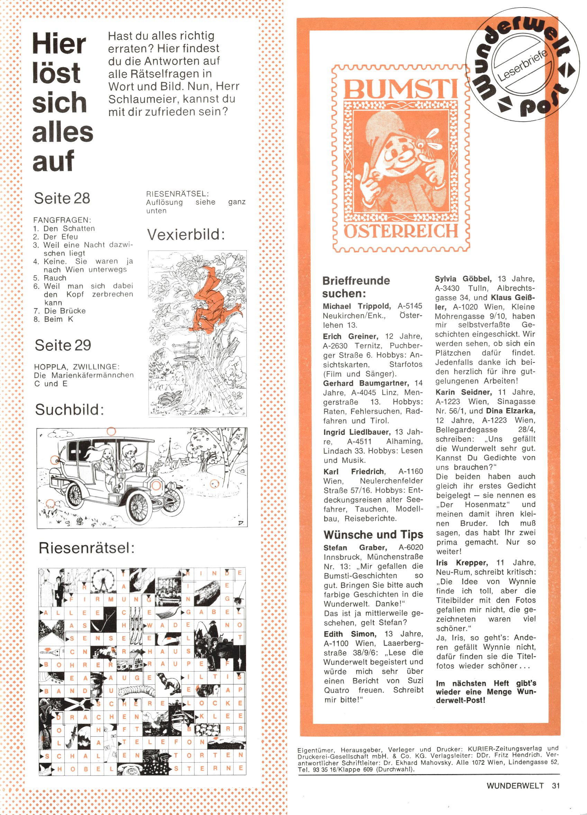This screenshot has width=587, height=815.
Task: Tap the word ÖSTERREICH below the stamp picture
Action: click(x=401, y=231)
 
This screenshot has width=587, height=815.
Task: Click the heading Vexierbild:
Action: click(x=186, y=235)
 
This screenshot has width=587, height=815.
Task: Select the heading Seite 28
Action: click(x=62, y=198)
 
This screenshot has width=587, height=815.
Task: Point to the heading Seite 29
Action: click(x=63, y=345)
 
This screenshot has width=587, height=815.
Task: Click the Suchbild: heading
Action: click(x=69, y=410)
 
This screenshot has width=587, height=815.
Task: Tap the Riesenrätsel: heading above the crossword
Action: click(x=86, y=548)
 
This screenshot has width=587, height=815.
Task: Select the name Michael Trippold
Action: click(x=356, y=306)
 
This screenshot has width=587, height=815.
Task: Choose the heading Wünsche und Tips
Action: click(x=373, y=535)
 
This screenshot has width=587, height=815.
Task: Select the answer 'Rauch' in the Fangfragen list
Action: click(x=55, y=278)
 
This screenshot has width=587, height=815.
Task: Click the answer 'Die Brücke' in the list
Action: click(x=65, y=311)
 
